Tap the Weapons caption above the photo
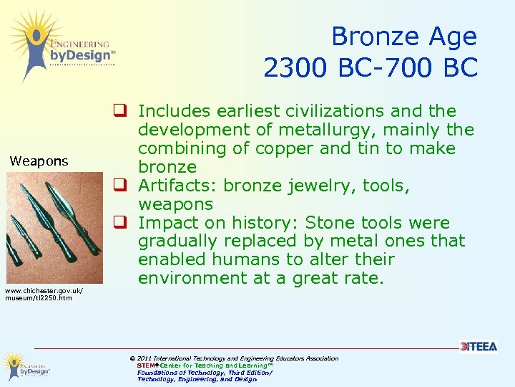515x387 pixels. (39, 161)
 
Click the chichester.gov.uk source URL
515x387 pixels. (44, 294)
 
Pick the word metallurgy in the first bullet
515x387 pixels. (335, 130)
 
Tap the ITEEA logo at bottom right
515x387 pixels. (478, 347)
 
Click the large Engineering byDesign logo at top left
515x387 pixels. (61, 44)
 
